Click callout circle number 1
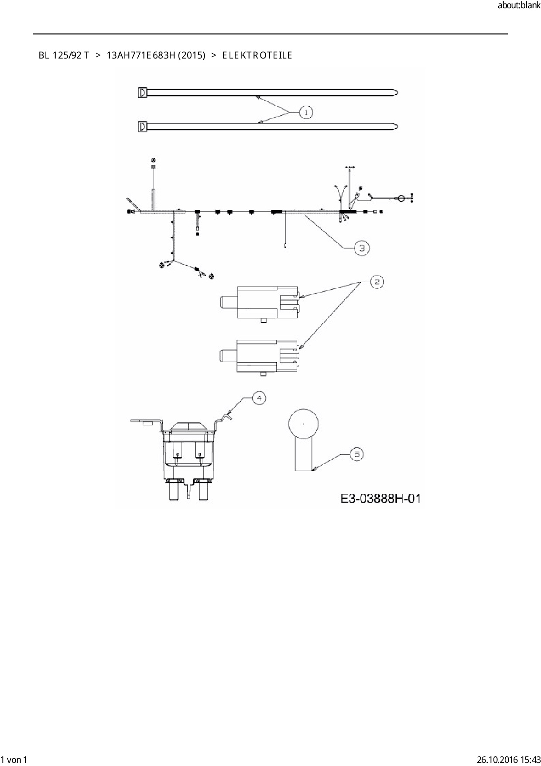coord(306,112)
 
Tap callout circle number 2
coord(377,282)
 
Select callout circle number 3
coord(362,248)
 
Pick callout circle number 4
coord(259,398)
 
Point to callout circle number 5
coord(356,455)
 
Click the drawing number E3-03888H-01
coord(380,498)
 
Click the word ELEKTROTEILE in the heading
coord(257,55)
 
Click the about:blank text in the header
coord(519,6)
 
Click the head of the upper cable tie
coord(142,93)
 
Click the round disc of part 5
coord(304,424)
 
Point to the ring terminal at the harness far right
coord(400,198)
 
